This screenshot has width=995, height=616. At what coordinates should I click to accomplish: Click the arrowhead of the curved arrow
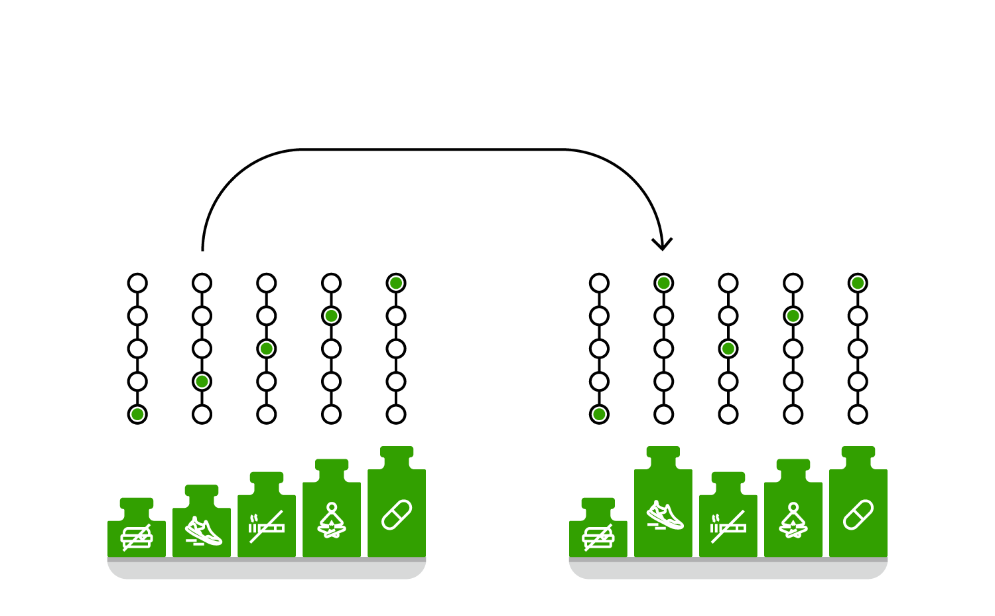point(662,245)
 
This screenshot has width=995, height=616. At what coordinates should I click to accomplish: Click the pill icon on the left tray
point(397,515)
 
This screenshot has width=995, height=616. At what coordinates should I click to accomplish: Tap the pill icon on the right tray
point(858,515)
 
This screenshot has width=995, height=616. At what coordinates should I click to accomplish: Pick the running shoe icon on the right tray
point(665,515)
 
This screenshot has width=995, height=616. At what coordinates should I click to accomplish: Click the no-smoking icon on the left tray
point(267,526)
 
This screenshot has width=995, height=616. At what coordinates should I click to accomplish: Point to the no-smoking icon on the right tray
point(728,526)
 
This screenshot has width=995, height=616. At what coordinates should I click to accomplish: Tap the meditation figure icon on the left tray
point(332,521)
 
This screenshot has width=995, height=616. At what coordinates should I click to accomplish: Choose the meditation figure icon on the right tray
point(793,521)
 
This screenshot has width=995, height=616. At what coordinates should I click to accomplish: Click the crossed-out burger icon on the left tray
point(137,537)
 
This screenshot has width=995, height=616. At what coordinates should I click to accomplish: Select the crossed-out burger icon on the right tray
point(598,537)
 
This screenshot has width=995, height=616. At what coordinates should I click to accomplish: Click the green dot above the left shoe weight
point(202,382)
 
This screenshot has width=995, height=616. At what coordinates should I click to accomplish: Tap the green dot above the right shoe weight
point(663,283)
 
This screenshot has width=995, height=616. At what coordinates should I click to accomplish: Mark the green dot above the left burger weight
point(137,414)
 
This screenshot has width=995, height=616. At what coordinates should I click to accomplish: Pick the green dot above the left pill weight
point(396,283)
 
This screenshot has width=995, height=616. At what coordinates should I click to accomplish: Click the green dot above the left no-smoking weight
point(267,348)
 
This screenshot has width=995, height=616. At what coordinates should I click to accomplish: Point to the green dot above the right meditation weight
point(793,316)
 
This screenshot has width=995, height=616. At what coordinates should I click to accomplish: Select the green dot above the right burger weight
point(599,414)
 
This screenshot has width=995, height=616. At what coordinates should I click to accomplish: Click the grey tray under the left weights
point(267,569)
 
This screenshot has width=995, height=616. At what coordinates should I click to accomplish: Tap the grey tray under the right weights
point(728,569)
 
